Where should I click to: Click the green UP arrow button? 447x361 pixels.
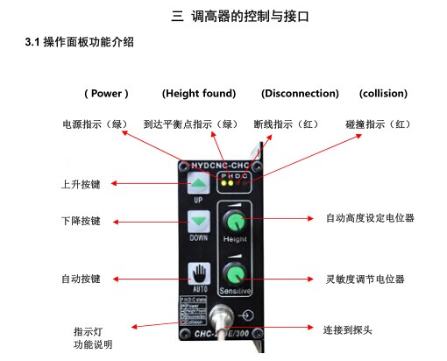tap(200, 183)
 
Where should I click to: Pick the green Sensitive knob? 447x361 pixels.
tap(234, 273)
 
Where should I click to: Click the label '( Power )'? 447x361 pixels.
tap(106, 93)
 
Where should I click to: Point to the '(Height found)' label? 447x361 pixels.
tap(199, 93)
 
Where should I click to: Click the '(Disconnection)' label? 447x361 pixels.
tap(300, 93)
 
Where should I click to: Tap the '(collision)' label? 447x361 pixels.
tap(383, 93)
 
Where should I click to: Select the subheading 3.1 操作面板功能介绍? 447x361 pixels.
tap(80, 42)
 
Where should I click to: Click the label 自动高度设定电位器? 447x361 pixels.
tap(370, 216)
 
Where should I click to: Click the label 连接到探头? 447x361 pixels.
tap(348, 329)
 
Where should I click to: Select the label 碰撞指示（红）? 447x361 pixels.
tap(378, 124)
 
